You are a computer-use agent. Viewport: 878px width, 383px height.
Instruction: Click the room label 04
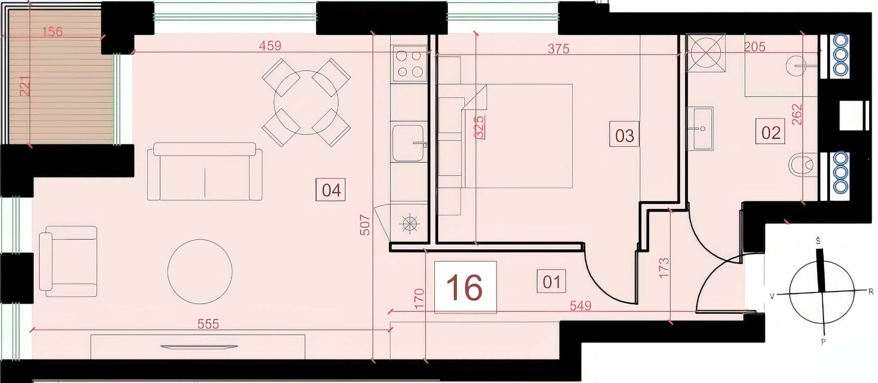(x=331, y=190)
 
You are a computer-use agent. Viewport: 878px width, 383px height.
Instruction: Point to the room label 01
(x=551, y=281)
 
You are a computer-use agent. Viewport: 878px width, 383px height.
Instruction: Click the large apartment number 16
(x=465, y=288)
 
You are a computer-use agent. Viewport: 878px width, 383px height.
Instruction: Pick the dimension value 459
(x=270, y=46)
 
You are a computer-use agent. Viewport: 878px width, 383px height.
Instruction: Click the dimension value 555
(x=208, y=324)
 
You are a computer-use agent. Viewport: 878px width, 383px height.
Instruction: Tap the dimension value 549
(x=580, y=305)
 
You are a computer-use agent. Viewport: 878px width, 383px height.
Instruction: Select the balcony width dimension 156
(x=52, y=32)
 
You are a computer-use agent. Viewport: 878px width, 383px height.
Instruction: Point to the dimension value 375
(x=558, y=49)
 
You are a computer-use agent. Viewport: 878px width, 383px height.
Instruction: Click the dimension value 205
(x=755, y=47)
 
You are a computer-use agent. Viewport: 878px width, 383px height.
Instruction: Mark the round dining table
(x=306, y=102)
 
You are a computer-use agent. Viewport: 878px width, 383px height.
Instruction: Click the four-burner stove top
(x=409, y=64)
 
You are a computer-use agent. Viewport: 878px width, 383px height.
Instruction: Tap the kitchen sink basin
(x=408, y=143)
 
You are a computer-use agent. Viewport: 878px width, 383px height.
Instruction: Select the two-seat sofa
(x=205, y=171)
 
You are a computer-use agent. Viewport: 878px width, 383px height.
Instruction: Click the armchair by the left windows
(x=68, y=262)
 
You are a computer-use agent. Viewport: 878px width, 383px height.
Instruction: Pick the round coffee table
(x=200, y=271)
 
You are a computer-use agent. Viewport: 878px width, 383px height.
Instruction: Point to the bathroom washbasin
(x=699, y=129)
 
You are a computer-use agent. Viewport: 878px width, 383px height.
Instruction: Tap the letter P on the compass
(x=823, y=341)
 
